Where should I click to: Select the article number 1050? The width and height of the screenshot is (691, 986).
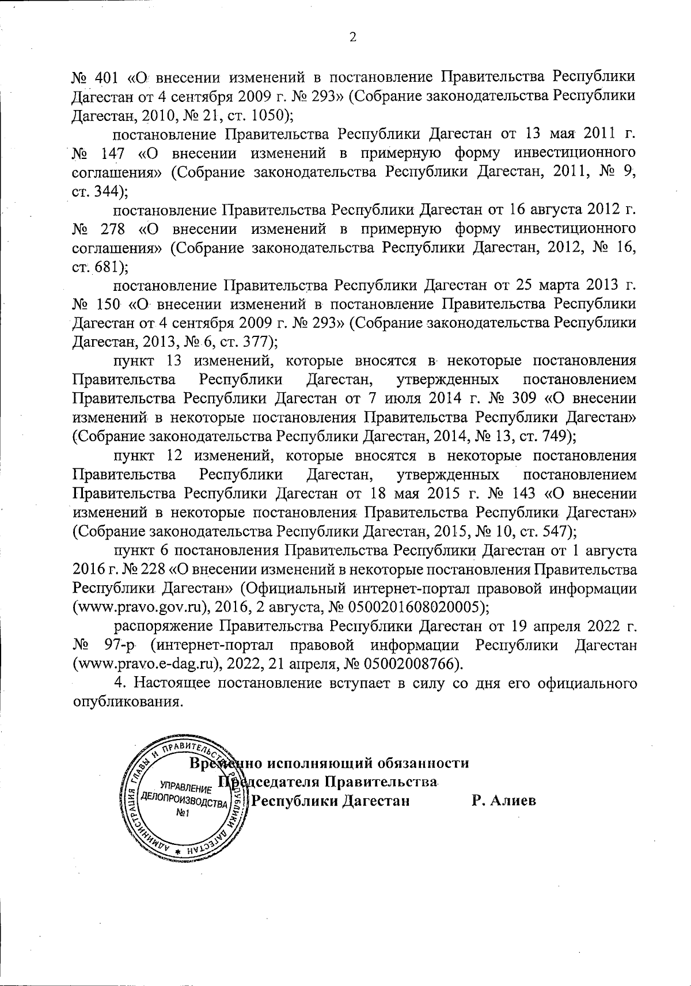click(269, 115)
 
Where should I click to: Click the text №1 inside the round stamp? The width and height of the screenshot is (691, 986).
click(183, 814)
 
